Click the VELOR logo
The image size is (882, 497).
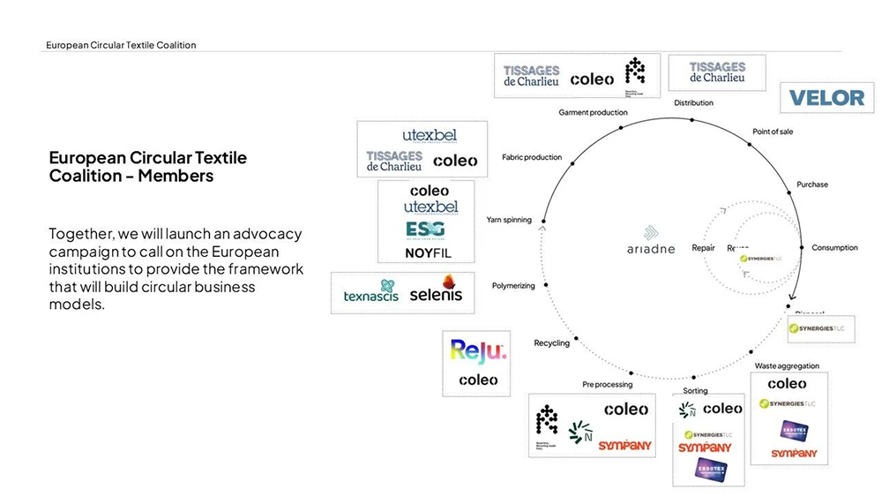pos(826,97)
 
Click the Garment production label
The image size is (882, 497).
pos(593,112)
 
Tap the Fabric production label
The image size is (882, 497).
pos(531,157)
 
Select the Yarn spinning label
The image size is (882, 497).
pos(509,220)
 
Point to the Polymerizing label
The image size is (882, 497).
pos(514,285)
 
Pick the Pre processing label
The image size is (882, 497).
pos(607,384)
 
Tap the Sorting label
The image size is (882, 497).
pos(695,390)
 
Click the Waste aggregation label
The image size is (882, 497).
pos(787,365)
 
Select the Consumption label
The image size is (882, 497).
pos(834,248)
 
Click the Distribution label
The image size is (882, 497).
pos(693,103)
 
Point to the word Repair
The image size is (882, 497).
pos(703,248)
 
